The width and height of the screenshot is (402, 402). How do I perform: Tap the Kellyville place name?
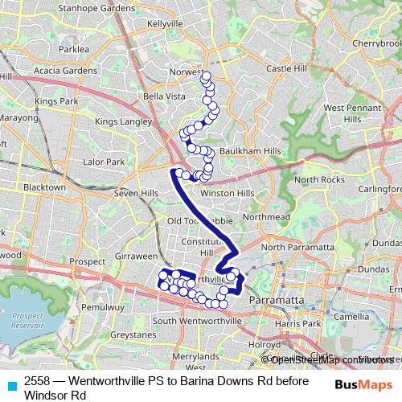point(168,24)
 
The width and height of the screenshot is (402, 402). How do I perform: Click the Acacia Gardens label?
point(65,70)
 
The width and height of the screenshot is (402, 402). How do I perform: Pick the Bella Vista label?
point(164,96)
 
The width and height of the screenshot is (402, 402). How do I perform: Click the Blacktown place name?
point(44,187)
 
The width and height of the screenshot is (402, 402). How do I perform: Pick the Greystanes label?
point(133,333)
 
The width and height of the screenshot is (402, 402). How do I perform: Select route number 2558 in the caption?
point(37,381)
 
